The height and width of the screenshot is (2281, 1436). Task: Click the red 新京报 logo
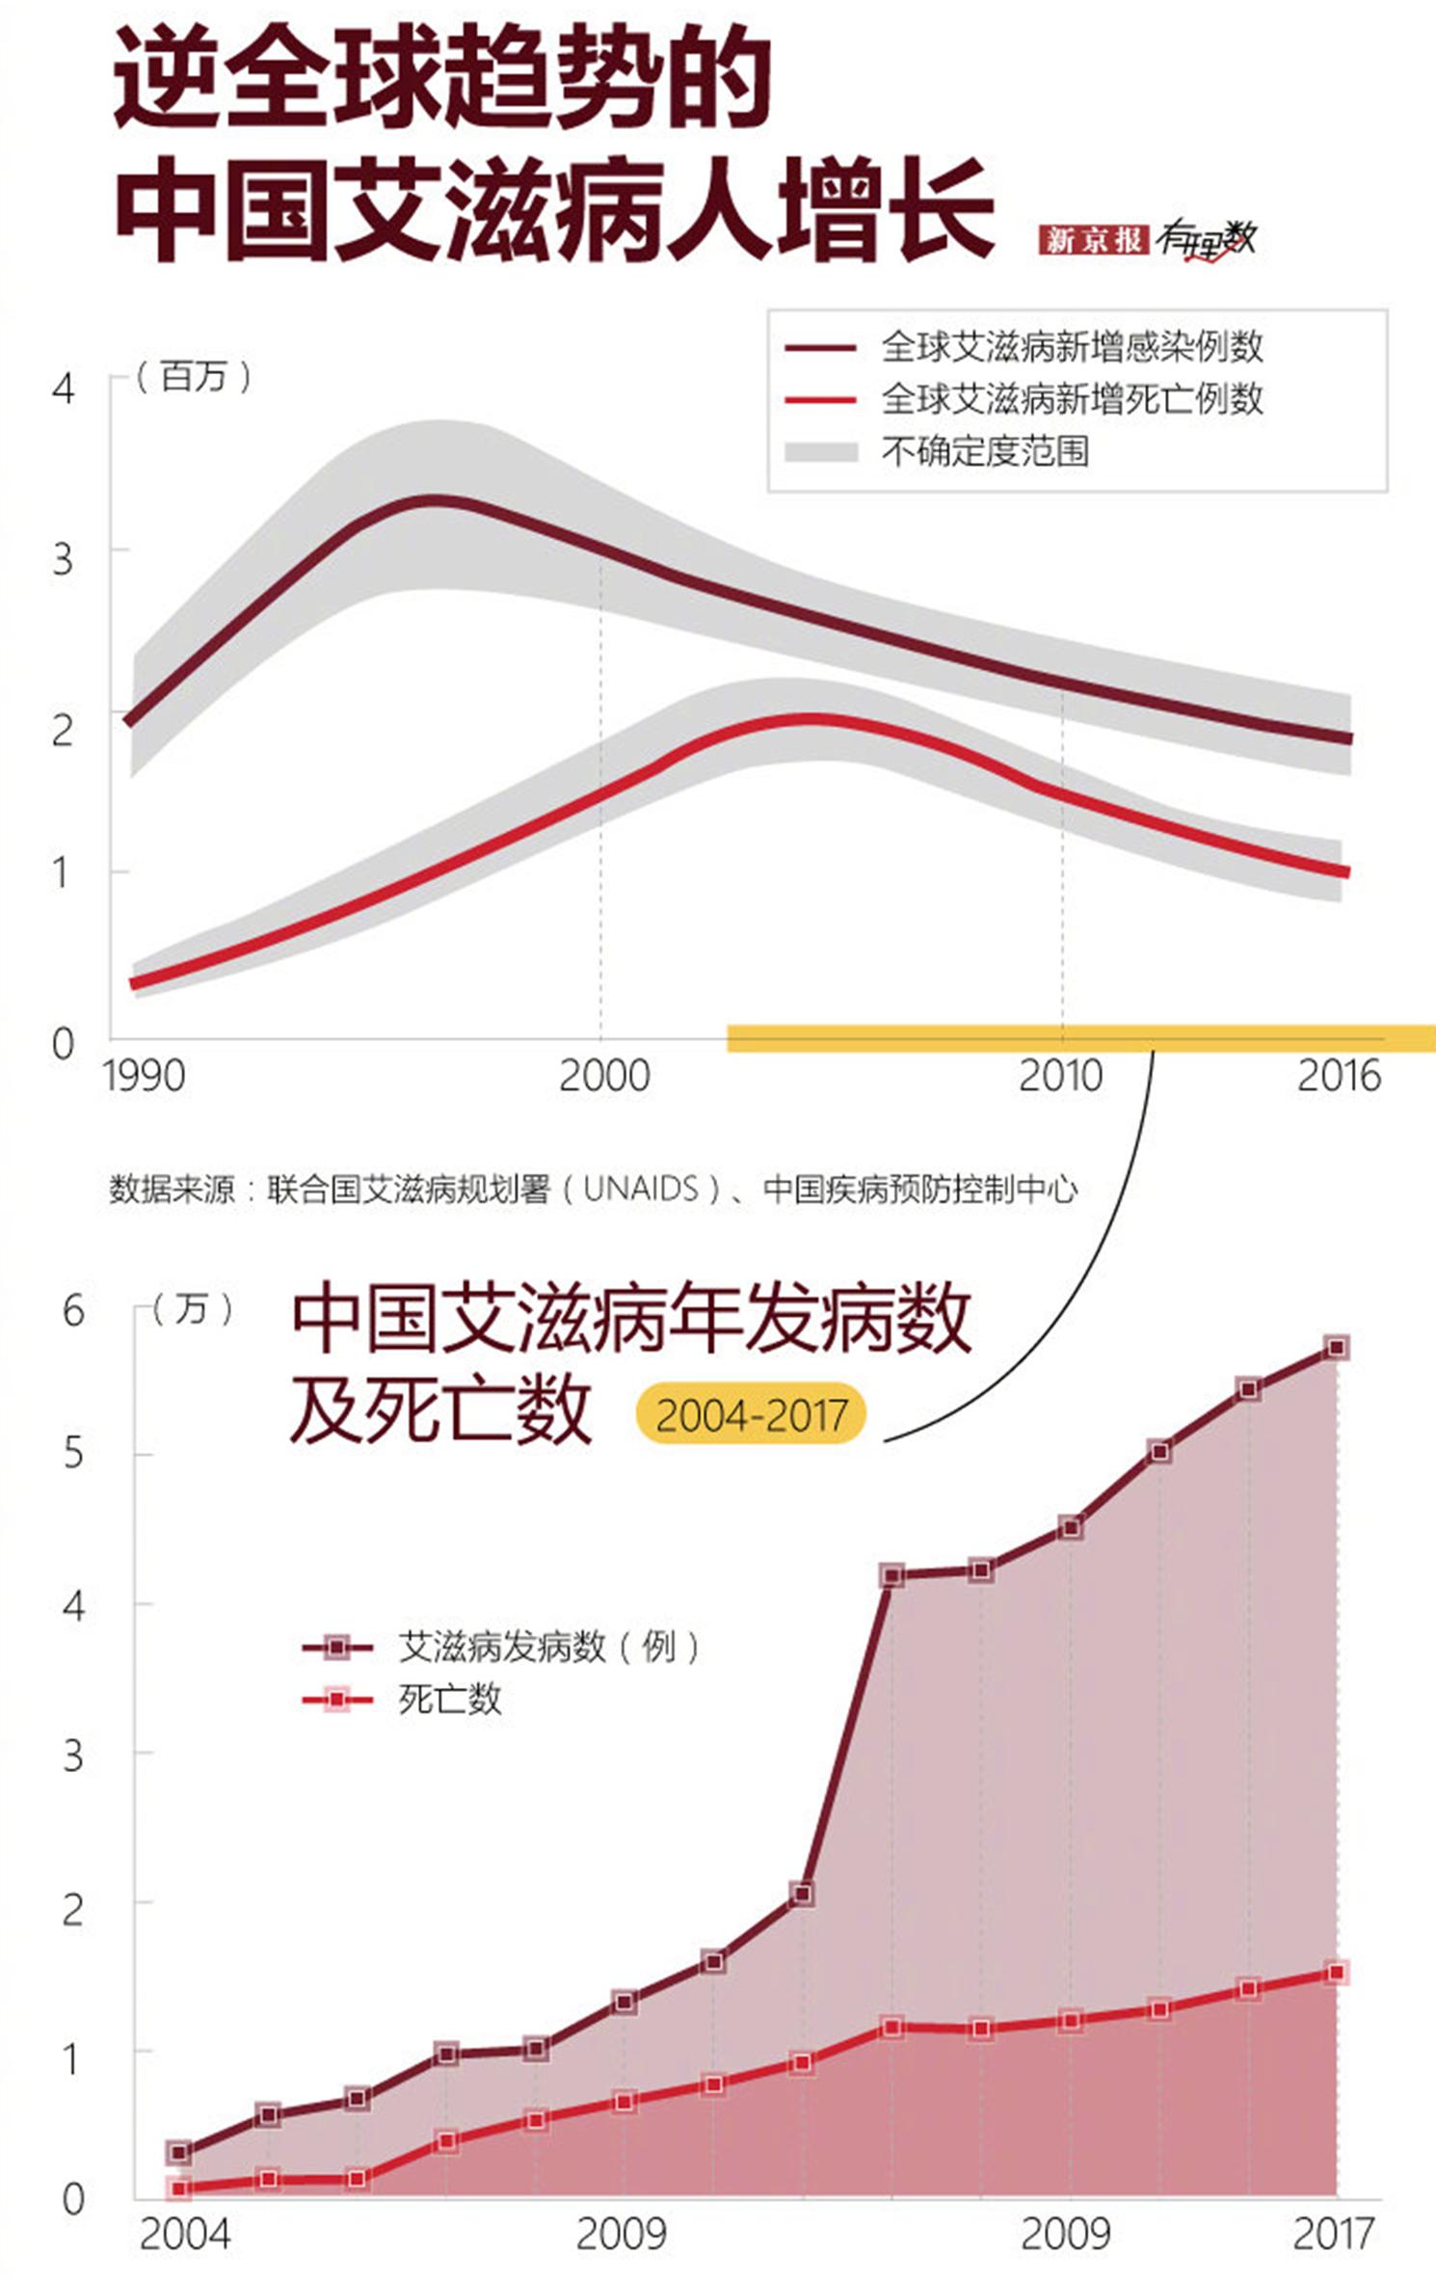click(1092, 240)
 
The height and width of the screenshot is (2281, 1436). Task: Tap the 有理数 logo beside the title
click(1207, 240)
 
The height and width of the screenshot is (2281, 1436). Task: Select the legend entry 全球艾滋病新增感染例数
click(1071, 347)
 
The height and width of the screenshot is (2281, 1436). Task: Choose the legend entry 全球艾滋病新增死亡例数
click(1071, 399)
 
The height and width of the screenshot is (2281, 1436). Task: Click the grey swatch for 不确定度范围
click(821, 451)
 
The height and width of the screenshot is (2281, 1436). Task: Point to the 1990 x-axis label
click(144, 1076)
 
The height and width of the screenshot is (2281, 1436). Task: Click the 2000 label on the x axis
click(604, 1076)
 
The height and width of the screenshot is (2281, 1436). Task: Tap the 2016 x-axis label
click(1338, 1076)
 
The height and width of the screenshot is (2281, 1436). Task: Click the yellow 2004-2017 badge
click(751, 1415)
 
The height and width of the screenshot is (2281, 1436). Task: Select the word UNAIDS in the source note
click(640, 1189)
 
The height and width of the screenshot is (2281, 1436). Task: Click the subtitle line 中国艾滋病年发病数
click(631, 1320)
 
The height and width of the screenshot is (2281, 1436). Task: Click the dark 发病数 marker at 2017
click(1336, 1347)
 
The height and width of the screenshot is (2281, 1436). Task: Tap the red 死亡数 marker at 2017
click(1336, 1972)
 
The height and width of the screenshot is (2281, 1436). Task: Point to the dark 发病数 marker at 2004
click(178, 2152)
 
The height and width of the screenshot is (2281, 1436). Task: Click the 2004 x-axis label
click(185, 2233)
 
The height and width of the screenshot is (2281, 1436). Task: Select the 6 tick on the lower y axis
click(73, 1311)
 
